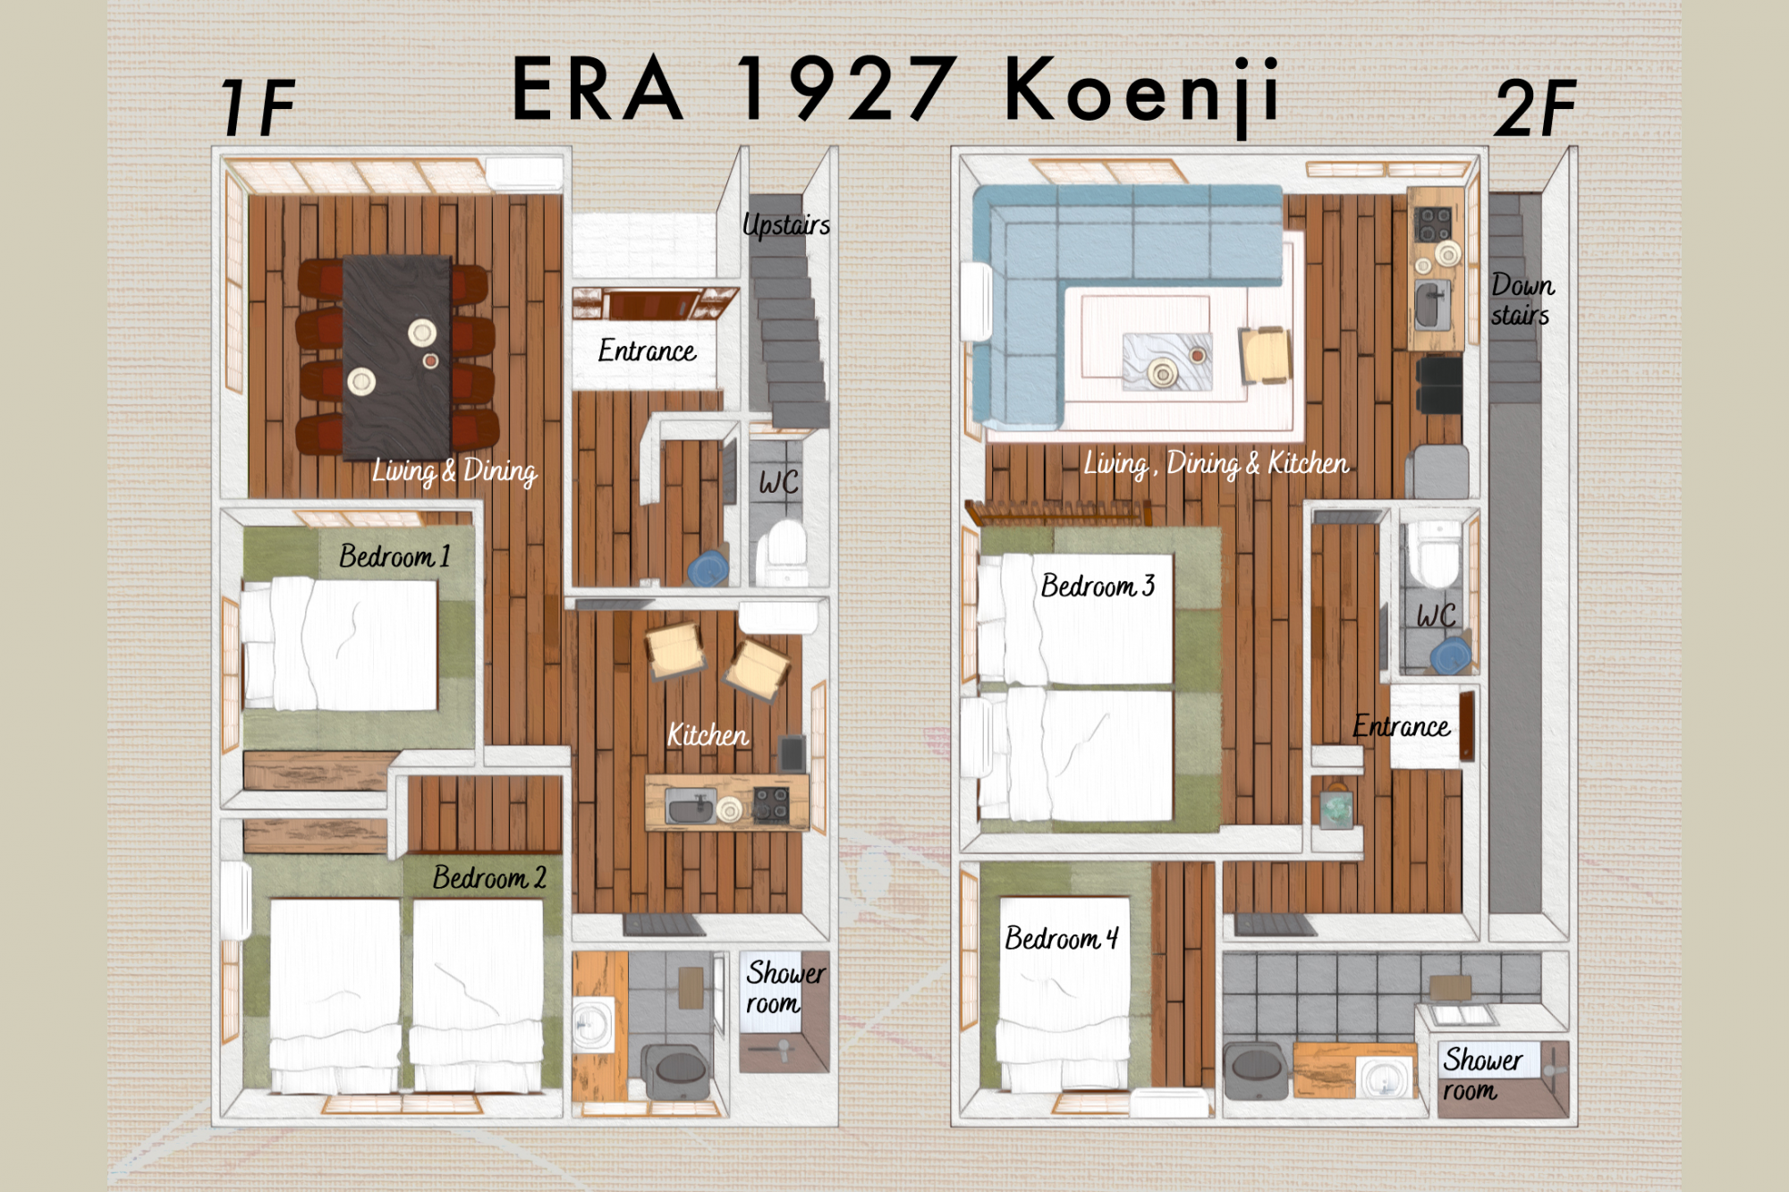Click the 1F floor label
pyautogui.click(x=258, y=106)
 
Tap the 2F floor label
pyautogui.click(x=1536, y=107)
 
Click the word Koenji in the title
pyautogui.click(x=1142, y=91)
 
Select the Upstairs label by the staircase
pyautogui.click(x=786, y=225)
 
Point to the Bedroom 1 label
pyautogui.click(x=394, y=556)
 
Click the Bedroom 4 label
pyautogui.click(x=1062, y=938)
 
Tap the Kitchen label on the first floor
pyautogui.click(x=708, y=735)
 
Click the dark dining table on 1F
pyautogui.click(x=396, y=356)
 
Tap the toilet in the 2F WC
pyautogui.click(x=1435, y=554)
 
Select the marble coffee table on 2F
pyautogui.click(x=1167, y=361)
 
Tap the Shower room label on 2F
pyautogui.click(x=1482, y=1074)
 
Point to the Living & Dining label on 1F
pyautogui.click(x=454, y=471)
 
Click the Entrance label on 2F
pyautogui.click(x=1401, y=726)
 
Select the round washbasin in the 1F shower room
pyautogui.click(x=590, y=1023)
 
